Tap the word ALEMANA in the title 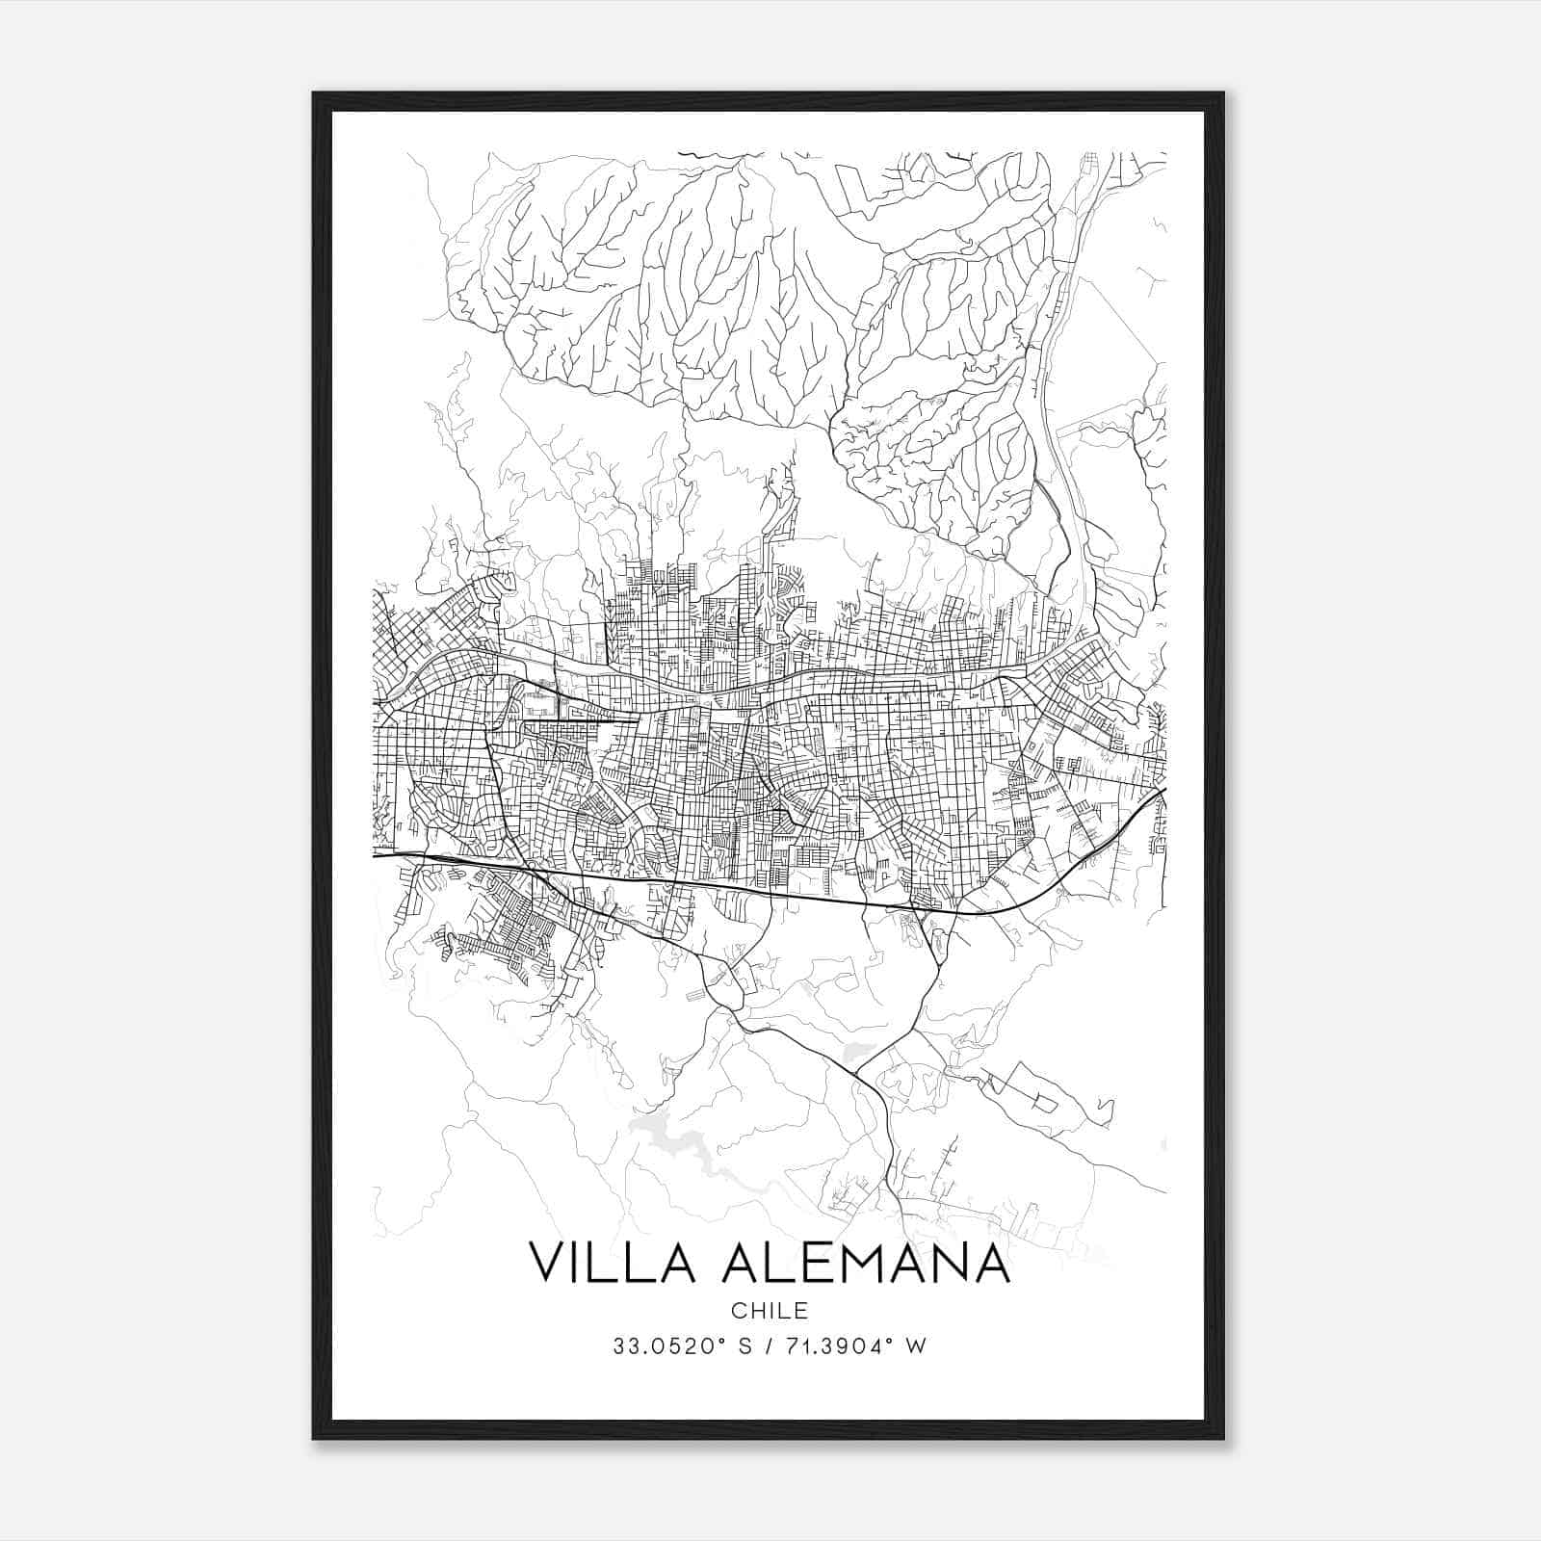[864, 1263]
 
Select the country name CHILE [769, 1311]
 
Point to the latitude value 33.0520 [656, 1346]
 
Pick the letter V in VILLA [548, 1263]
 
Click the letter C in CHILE [738, 1311]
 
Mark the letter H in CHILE [755, 1311]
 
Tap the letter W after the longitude [916, 1346]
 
